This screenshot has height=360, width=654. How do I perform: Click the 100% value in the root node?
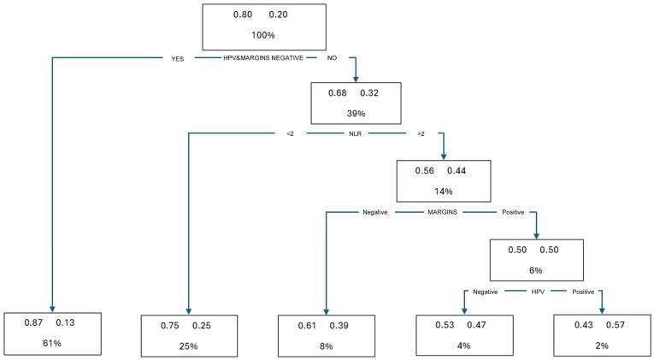(264, 36)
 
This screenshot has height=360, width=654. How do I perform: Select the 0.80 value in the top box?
(244, 15)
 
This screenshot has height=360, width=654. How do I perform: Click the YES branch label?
(180, 59)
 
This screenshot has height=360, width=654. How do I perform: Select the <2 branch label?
(291, 133)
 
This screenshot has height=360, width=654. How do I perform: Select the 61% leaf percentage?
(53, 344)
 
